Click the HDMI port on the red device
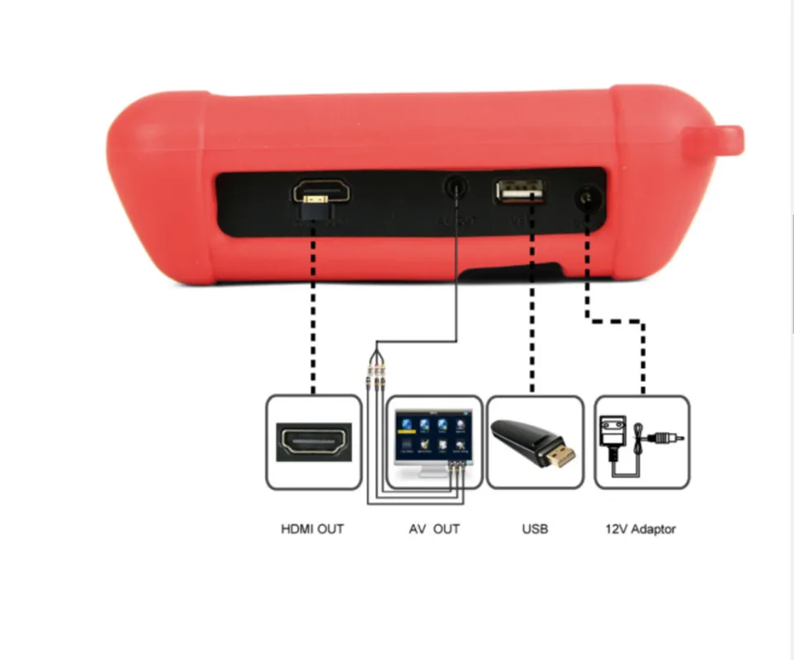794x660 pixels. [320, 193]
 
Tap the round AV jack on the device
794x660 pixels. [455, 189]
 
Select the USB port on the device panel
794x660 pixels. [520, 191]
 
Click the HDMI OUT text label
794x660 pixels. [312, 529]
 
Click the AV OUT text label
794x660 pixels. [434, 529]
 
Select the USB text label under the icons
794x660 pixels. [534, 529]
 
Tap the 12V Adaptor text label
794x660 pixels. [640, 529]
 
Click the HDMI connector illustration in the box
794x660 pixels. [314, 442]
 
